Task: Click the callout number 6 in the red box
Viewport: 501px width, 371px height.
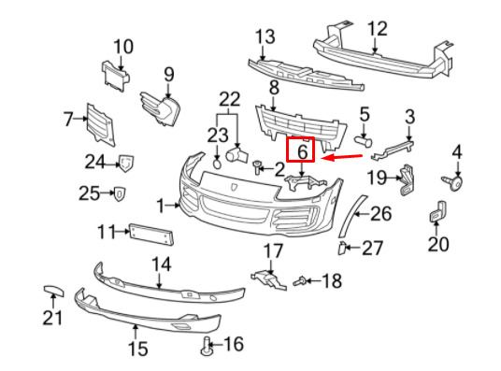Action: [x=302, y=151]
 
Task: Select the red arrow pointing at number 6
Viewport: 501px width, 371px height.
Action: [x=341, y=157]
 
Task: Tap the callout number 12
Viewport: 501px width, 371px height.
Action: [x=378, y=29]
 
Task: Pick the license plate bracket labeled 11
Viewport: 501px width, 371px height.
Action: [x=151, y=235]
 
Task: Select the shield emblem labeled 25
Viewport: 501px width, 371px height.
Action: [x=120, y=194]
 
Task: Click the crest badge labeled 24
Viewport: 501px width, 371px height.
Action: [x=126, y=164]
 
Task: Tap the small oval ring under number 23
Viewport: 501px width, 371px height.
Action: [x=217, y=164]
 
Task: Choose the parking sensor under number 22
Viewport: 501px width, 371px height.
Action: [x=236, y=155]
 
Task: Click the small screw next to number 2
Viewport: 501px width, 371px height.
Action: [x=257, y=167]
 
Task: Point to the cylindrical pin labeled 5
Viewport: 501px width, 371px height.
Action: [x=364, y=141]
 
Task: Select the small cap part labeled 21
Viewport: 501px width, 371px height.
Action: [x=53, y=291]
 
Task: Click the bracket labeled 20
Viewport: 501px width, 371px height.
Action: [x=438, y=211]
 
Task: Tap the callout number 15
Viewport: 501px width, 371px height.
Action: [x=138, y=349]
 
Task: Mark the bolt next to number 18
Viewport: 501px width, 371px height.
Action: [x=300, y=281]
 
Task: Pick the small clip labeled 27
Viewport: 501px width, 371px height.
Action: [x=341, y=249]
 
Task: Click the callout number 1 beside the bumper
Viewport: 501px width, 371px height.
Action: [x=161, y=207]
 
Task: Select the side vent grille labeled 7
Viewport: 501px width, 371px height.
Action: [x=101, y=125]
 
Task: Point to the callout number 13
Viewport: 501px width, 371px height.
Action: [x=265, y=36]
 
